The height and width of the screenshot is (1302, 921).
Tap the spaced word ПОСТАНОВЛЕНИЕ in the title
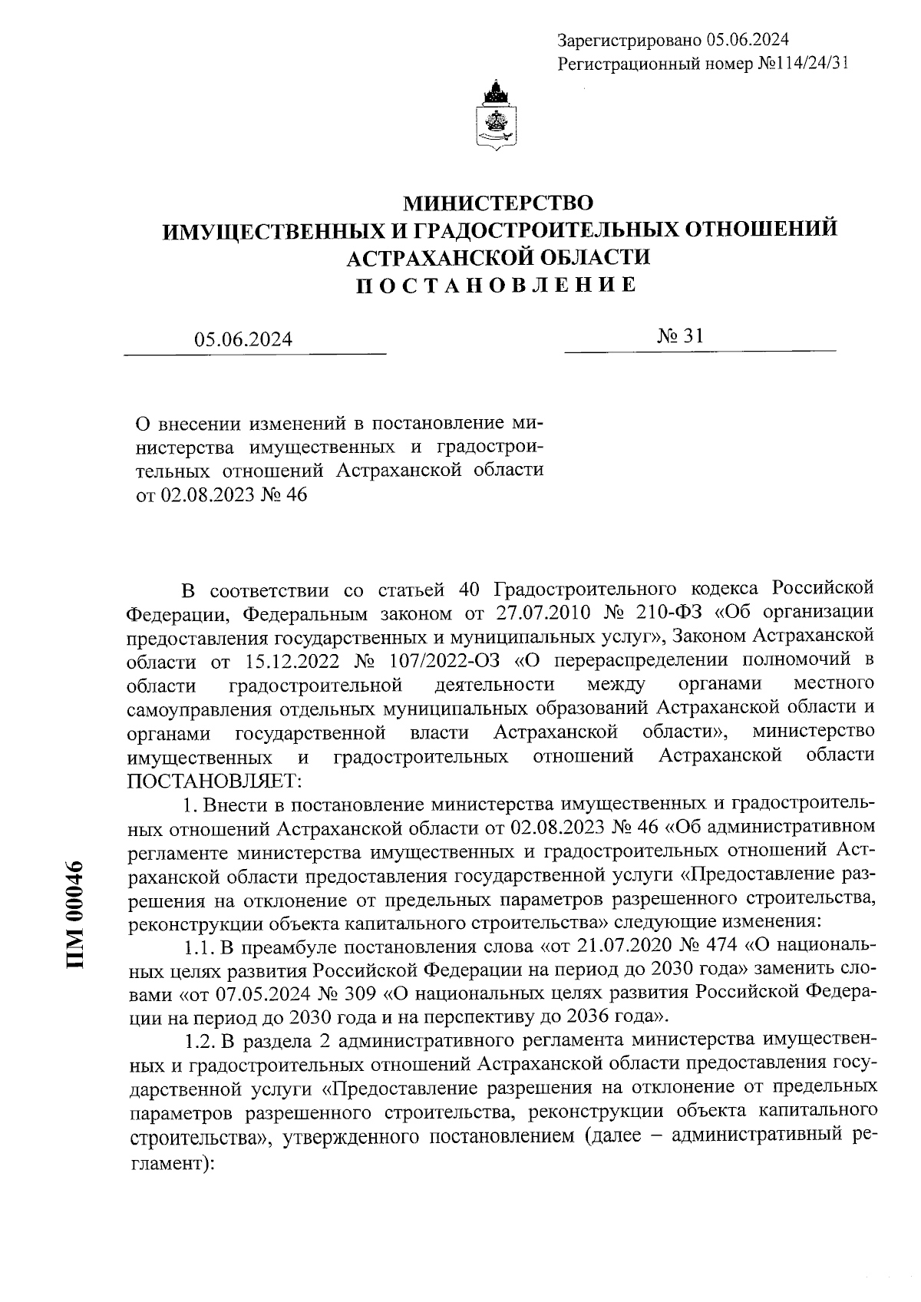pyautogui.click(x=498, y=285)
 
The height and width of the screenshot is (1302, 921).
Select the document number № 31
pyautogui.click(x=681, y=335)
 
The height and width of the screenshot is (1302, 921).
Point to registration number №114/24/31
pyautogui.click(x=803, y=64)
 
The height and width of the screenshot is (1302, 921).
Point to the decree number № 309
pyautogui.click(x=347, y=993)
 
